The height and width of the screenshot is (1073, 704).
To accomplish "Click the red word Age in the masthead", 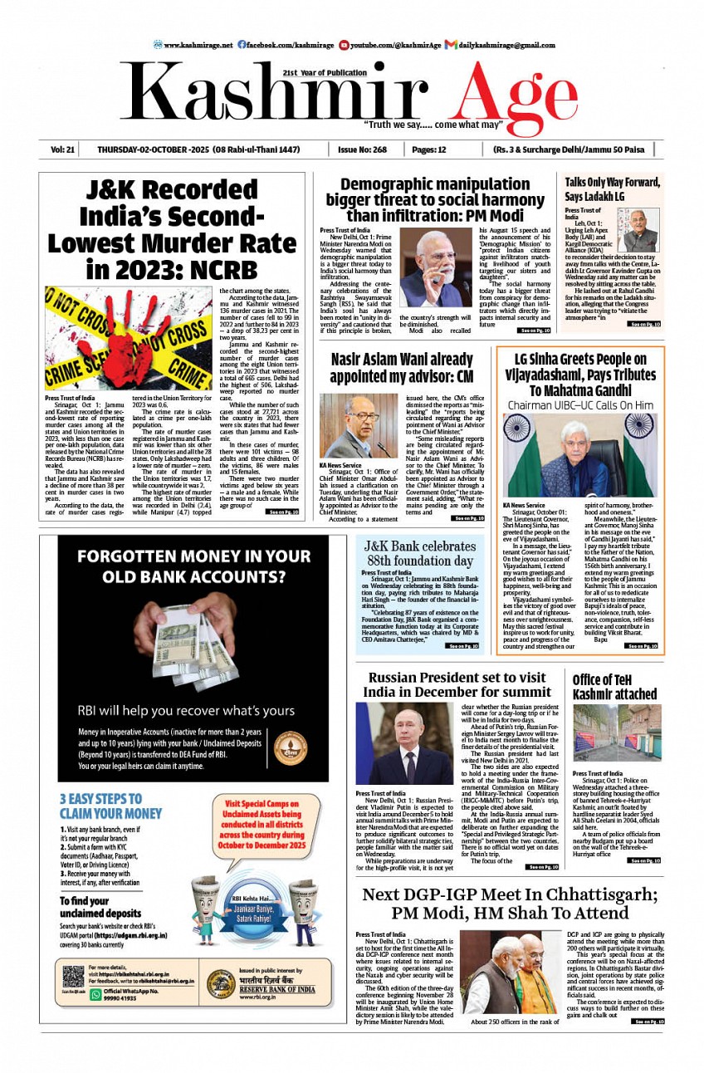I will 506,96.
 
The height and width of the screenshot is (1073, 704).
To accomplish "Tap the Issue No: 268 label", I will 362,149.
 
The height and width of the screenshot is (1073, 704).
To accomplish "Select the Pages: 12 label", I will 429,149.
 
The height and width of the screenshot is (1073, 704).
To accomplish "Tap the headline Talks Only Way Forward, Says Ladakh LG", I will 612,189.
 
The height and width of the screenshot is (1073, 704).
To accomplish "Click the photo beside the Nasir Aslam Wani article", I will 359,424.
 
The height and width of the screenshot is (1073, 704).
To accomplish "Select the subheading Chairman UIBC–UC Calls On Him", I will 580,405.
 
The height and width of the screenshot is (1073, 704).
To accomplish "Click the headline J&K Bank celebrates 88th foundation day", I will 420,553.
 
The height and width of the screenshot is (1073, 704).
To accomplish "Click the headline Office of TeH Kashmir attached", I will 614,687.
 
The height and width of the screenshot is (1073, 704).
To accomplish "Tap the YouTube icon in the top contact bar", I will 355,44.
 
